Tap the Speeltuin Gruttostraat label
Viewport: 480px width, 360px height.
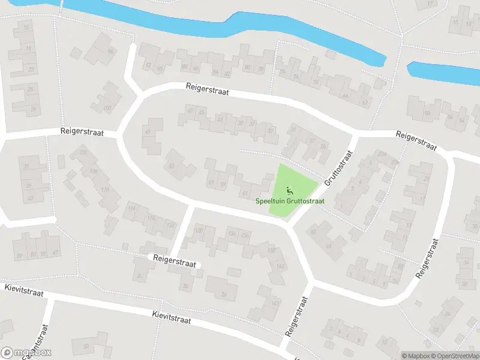pos(290,201)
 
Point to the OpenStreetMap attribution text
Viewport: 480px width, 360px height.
pos(455,356)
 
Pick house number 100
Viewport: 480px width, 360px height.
pos(107,109)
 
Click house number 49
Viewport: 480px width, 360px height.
pos(148,131)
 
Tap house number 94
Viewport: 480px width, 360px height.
pos(110,52)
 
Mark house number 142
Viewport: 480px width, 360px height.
pos(275,304)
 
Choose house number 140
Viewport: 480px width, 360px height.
pos(280,266)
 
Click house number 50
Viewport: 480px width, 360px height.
pos(86,346)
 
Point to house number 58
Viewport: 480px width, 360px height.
pos(427,113)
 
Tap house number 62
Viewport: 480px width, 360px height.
pos(365,103)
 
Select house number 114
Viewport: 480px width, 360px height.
pos(131,209)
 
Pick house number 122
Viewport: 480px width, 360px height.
pos(170,225)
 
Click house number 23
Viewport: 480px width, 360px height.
pos(31,70)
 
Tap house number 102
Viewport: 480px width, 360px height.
pos(83,152)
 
